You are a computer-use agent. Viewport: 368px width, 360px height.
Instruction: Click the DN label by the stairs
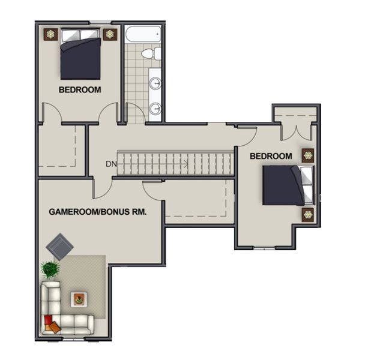click(x=111, y=163)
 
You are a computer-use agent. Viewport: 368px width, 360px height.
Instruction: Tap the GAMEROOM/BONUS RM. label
click(x=98, y=212)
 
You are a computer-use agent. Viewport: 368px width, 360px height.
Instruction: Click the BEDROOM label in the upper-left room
click(x=80, y=90)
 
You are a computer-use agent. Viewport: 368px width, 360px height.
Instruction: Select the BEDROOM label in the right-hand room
click(x=271, y=157)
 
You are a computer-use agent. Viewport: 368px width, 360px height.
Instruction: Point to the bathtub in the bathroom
click(x=143, y=33)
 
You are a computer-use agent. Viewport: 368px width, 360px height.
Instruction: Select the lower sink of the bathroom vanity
click(x=155, y=109)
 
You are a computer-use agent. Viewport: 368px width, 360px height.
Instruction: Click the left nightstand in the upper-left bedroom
click(x=49, y=34)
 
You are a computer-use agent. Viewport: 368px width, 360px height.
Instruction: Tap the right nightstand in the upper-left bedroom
click(x=109, y=34)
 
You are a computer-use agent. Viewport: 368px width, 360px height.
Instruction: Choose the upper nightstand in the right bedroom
click(x=308, y=155)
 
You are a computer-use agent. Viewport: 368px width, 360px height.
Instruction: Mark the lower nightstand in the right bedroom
click(x=308, y=214)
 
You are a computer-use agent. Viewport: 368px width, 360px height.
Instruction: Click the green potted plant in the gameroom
click(x=50, y=269)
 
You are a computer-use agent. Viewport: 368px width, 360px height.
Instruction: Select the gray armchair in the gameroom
click(x=61, y=246)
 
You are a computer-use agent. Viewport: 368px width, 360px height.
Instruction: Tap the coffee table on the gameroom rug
click(x=78, y=298)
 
